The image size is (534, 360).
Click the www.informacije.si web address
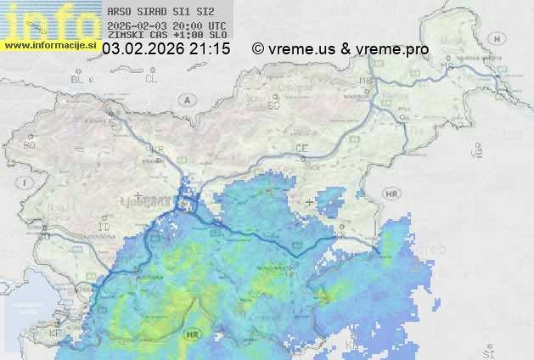[x=49, y=44]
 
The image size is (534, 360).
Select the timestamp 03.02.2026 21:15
[x=166, y=49]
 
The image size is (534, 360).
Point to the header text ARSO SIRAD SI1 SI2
[x=161, y=13]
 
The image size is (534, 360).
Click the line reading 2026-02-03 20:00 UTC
[x=167, y=25]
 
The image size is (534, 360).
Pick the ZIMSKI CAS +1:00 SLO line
[x=167, y=36]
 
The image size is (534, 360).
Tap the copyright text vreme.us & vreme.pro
[x=340, y=49]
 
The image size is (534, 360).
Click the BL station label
[x=78, y=79]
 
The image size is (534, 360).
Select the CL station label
[x=151, y=79]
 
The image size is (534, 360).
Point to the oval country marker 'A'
[x=186, y=99]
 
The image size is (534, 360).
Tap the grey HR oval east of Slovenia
[x=391, y=194]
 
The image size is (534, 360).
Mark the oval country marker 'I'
[x=26, y=183]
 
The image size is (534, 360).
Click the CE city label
[x=301, y=149]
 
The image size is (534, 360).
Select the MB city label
[x=366, y=81]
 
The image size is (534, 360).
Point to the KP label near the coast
[x=55, y=335]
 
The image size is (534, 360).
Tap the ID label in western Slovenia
[x=104, y=228]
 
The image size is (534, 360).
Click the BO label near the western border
[x=30, y=145]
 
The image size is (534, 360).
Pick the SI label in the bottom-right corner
[x=486, y=351]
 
